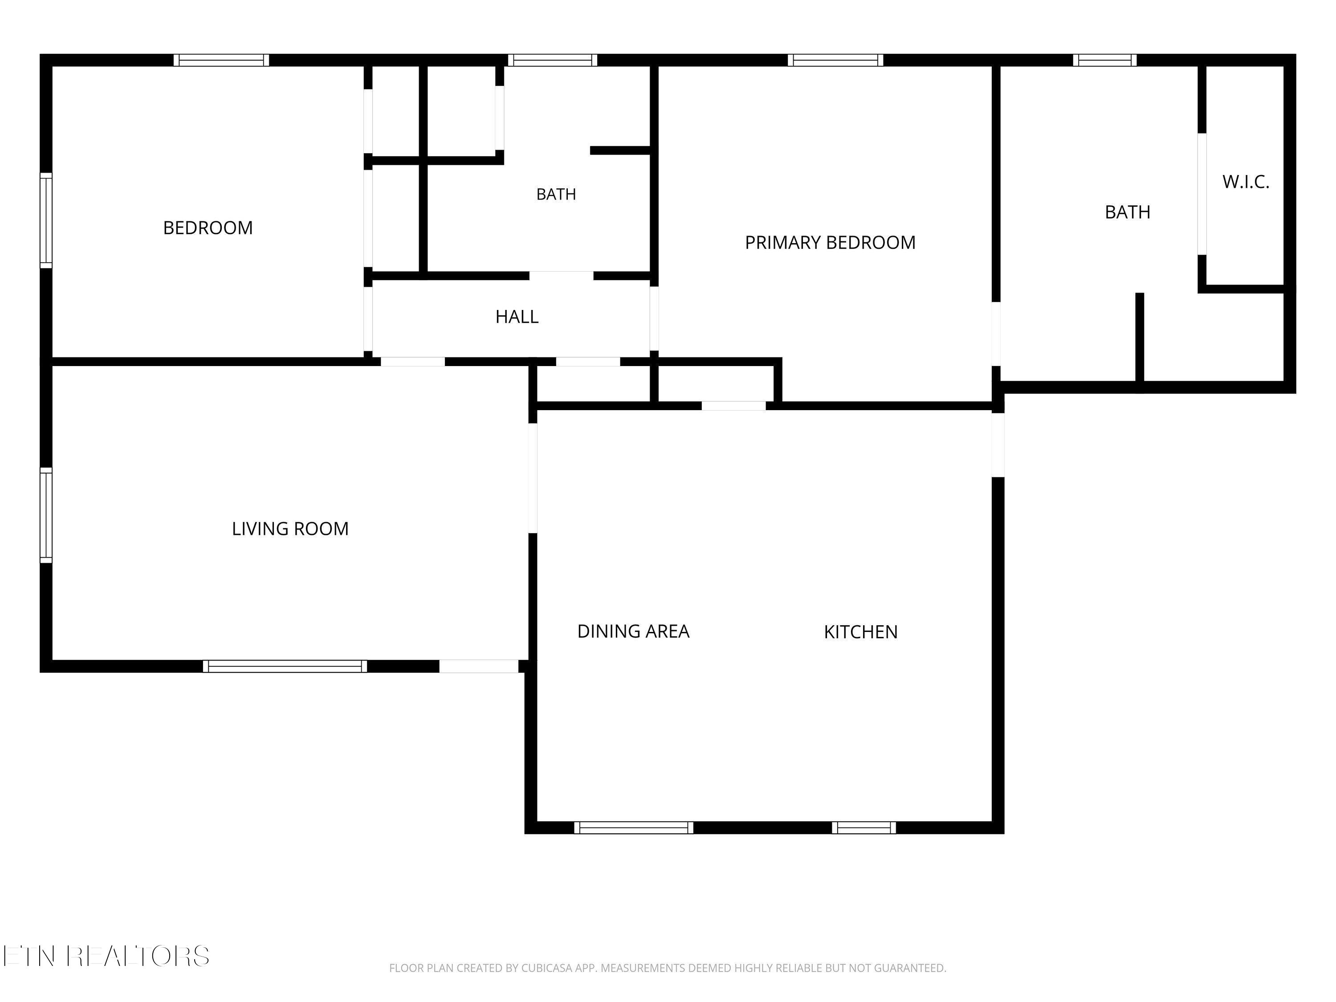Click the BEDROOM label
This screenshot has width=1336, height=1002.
[x=208, y=228]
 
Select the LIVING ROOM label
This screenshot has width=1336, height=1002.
[x=290, y=529]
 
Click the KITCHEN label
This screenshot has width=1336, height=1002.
[x=861, y=632]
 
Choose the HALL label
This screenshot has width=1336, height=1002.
[x=517, y=317]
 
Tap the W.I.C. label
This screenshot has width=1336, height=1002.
[x=1246, y=182]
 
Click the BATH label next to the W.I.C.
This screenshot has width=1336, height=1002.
[x=1128, y=212]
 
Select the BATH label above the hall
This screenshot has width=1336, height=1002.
[x=556, y=194]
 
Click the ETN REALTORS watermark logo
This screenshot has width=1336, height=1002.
[x=107, y=956]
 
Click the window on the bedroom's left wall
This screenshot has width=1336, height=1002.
[x=46, y=220]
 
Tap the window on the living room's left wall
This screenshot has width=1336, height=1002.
[x=46, y=515]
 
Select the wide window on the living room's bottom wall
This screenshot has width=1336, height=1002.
[x=285, y=666]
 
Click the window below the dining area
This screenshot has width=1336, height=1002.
[x=634, y=827]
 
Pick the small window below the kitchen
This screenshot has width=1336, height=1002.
[x=864, y=827]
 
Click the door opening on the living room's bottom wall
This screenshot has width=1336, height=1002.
[x=479, y=666]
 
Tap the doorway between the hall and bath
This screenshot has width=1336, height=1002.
[x=562, y=276]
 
